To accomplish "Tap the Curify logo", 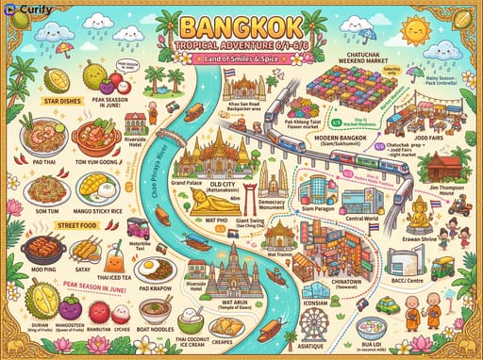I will click(x=29, y=10).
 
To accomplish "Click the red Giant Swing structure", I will click(x=248, y=196).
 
